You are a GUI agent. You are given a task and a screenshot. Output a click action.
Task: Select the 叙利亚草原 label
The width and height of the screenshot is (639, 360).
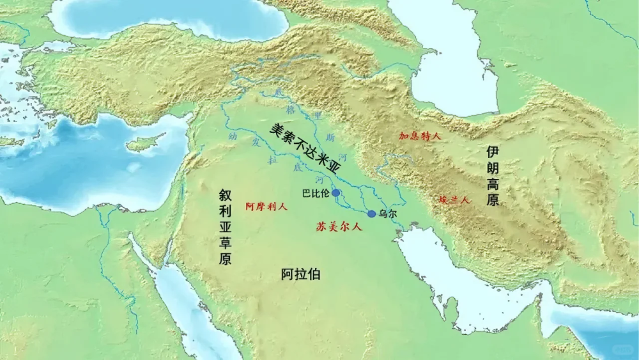click(x=226, y=226)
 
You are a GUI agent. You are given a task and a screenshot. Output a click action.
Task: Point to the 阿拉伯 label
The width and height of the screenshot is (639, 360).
click(x=300, y=275)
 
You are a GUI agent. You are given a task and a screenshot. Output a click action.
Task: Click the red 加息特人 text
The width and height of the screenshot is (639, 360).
click(x=420, y=136)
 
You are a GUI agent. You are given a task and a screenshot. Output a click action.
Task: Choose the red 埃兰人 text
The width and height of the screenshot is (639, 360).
click(x=454, y=200)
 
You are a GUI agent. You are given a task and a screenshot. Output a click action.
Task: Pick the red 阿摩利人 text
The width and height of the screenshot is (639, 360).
click(x=266, y=207)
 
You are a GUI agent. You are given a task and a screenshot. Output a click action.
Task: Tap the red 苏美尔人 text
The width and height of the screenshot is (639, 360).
click(x=339, y=226)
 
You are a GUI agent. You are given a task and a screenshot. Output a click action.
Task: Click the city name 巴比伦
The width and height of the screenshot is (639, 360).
click(x=315, y=193)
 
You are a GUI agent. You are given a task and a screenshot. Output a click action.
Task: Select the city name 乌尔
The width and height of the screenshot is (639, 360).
click(x=389, y=214)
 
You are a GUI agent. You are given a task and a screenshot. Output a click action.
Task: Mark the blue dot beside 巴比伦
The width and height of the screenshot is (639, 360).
click(x=336, y=192)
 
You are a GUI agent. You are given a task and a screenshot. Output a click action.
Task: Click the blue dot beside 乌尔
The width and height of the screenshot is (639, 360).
click(x=372, y=214)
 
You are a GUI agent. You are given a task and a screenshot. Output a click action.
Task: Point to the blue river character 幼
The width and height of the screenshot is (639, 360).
click(x=233, y=136)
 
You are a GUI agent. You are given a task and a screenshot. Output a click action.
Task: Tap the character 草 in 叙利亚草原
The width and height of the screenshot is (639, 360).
click(x=226, y=243)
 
